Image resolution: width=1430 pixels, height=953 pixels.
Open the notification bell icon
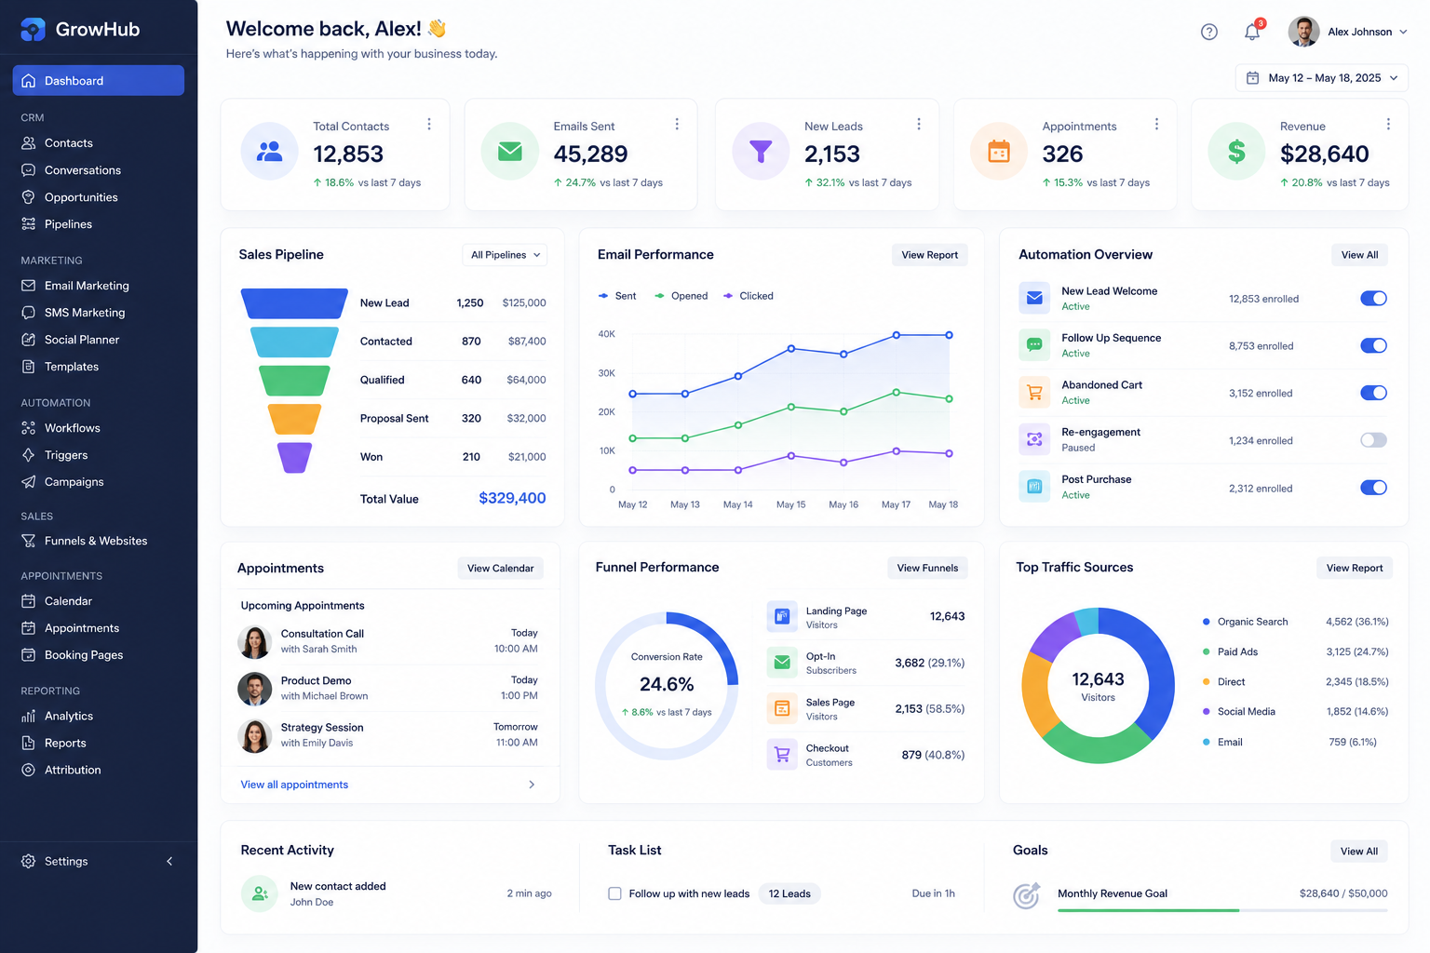pos(1252,32)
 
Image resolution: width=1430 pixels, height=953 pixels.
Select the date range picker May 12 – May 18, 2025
pos(1321,78)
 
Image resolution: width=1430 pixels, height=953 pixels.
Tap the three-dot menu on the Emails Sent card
pos(677,124)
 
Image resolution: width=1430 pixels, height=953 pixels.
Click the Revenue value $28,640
pos(1324,154)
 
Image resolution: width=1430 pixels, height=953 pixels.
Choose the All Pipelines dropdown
pos(505,255)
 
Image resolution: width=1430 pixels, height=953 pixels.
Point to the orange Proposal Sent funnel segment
pos(294,419)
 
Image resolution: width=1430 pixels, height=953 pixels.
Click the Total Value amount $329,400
pos(512,498)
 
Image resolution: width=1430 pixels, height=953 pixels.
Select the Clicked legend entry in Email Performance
pos(749,296)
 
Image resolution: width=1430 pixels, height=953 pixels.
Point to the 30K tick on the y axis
pos(606,373)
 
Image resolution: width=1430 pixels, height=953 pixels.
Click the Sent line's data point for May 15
pos(791,348)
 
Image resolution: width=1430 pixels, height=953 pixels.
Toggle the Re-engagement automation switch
pos(1373,440)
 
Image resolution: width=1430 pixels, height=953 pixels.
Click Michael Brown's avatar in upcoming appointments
pos(255,689)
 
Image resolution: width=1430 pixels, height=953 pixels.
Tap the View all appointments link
pos(294,785)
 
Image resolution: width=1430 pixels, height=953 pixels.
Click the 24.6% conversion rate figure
pos(667,684)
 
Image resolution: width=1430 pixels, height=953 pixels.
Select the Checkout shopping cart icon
pos(782,755)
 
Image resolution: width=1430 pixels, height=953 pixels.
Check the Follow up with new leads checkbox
pos(614,893)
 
